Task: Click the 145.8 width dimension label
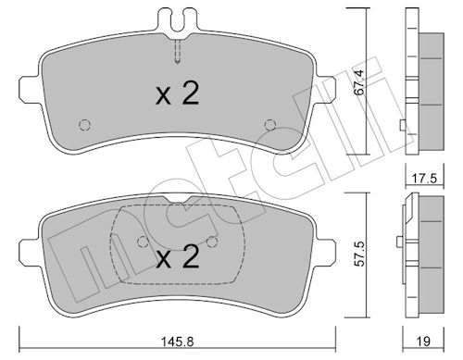177,341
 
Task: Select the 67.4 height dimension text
359,82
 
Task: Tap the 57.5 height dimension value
359,254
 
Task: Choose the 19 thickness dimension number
423,341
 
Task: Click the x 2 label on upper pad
177,93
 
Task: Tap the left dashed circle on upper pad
85,125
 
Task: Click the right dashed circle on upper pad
270,124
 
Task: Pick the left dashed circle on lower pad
143,242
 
